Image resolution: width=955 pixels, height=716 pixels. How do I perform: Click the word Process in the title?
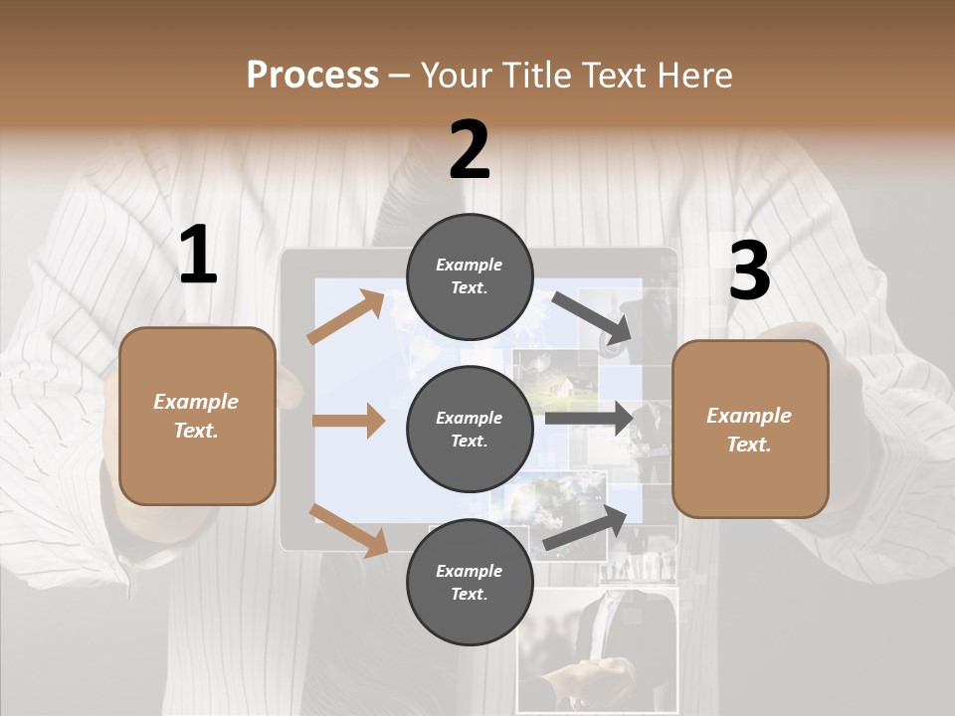(312, 76)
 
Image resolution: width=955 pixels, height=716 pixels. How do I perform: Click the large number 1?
(198, 256)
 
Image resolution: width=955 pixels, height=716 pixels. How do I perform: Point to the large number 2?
(470, 150)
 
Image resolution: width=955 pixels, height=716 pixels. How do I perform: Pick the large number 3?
(749, 271)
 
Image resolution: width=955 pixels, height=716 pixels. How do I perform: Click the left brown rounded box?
(197, 416)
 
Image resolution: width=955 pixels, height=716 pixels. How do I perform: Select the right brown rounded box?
(750, 430)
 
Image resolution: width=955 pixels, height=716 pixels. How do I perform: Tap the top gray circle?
(470, 275)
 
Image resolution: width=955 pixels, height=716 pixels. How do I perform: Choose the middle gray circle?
(470, 429)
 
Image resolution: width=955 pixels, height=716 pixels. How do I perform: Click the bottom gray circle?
(470, 582)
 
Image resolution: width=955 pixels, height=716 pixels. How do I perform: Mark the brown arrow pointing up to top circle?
(346, 317)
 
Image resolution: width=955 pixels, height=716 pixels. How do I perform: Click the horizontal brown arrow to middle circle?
(348, 421)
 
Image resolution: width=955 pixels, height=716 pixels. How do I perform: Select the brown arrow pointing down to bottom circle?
(348, 529)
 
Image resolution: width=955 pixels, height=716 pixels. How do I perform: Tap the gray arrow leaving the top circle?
(592, 318)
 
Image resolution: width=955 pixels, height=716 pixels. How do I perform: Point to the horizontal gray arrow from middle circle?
(588, 418)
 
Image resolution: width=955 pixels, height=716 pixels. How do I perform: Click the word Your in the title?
(458, 76)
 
